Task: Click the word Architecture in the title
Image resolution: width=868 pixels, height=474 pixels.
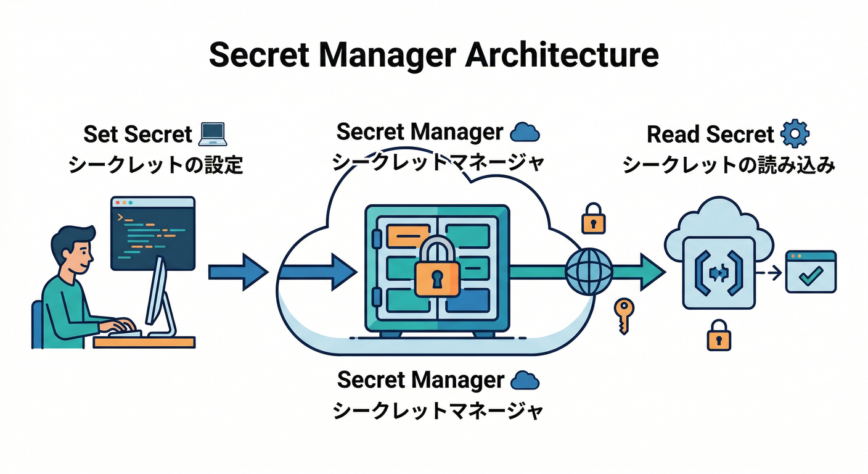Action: pyautogui.click(x=561, y=55)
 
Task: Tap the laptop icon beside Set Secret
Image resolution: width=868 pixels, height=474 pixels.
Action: pyautogui.click(x=213, y=133)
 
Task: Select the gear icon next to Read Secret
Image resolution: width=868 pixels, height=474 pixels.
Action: pyautogui.click(x=795, y=133)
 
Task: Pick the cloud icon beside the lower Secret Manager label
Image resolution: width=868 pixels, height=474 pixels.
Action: pyautogui.click(x=525, y=380)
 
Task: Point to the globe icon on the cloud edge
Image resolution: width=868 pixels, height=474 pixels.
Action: pyautogui.click(x=589, y=272)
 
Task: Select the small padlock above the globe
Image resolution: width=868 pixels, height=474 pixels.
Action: pyautogui.click(x=593, y=218)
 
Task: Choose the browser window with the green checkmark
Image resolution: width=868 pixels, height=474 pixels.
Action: pyautogui.click(x=810, y=272)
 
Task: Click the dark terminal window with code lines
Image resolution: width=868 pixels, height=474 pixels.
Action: pyautogui.click(x=152, y=233)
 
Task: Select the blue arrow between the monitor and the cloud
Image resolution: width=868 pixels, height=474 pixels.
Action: pyautogui.click(x=237, y=272)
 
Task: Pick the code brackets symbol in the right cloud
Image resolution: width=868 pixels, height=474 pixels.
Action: pyautogui.click(x=718, y=272)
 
